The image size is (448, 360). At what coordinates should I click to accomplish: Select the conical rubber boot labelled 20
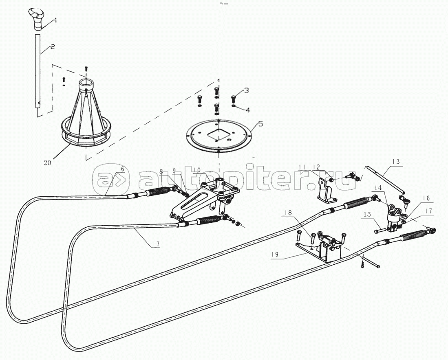coord(87,118)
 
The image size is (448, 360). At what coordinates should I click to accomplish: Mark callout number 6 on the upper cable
coord(122,169)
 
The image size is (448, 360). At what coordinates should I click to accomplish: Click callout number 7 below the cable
coord(157,244)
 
